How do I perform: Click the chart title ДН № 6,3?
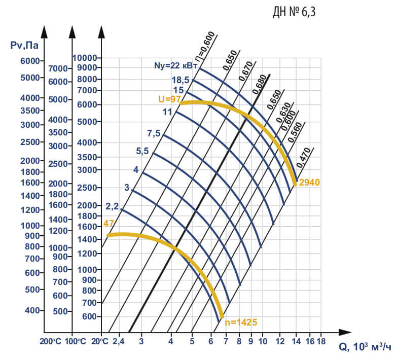[x=294, y=12]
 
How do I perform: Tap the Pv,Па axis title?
[x=24, y=46]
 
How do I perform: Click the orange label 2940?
[x=309, y=183]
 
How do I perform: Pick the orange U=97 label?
[x=169, y=99]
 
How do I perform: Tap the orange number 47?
[x=109, y=223]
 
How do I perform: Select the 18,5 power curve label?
[x=181, y=80]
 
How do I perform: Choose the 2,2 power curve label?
[x=112, y=206]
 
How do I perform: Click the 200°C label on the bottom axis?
[x=51, y=341]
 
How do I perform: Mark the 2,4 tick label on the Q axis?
[x=118, y=341]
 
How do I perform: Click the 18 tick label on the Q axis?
[x=321, y=341]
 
